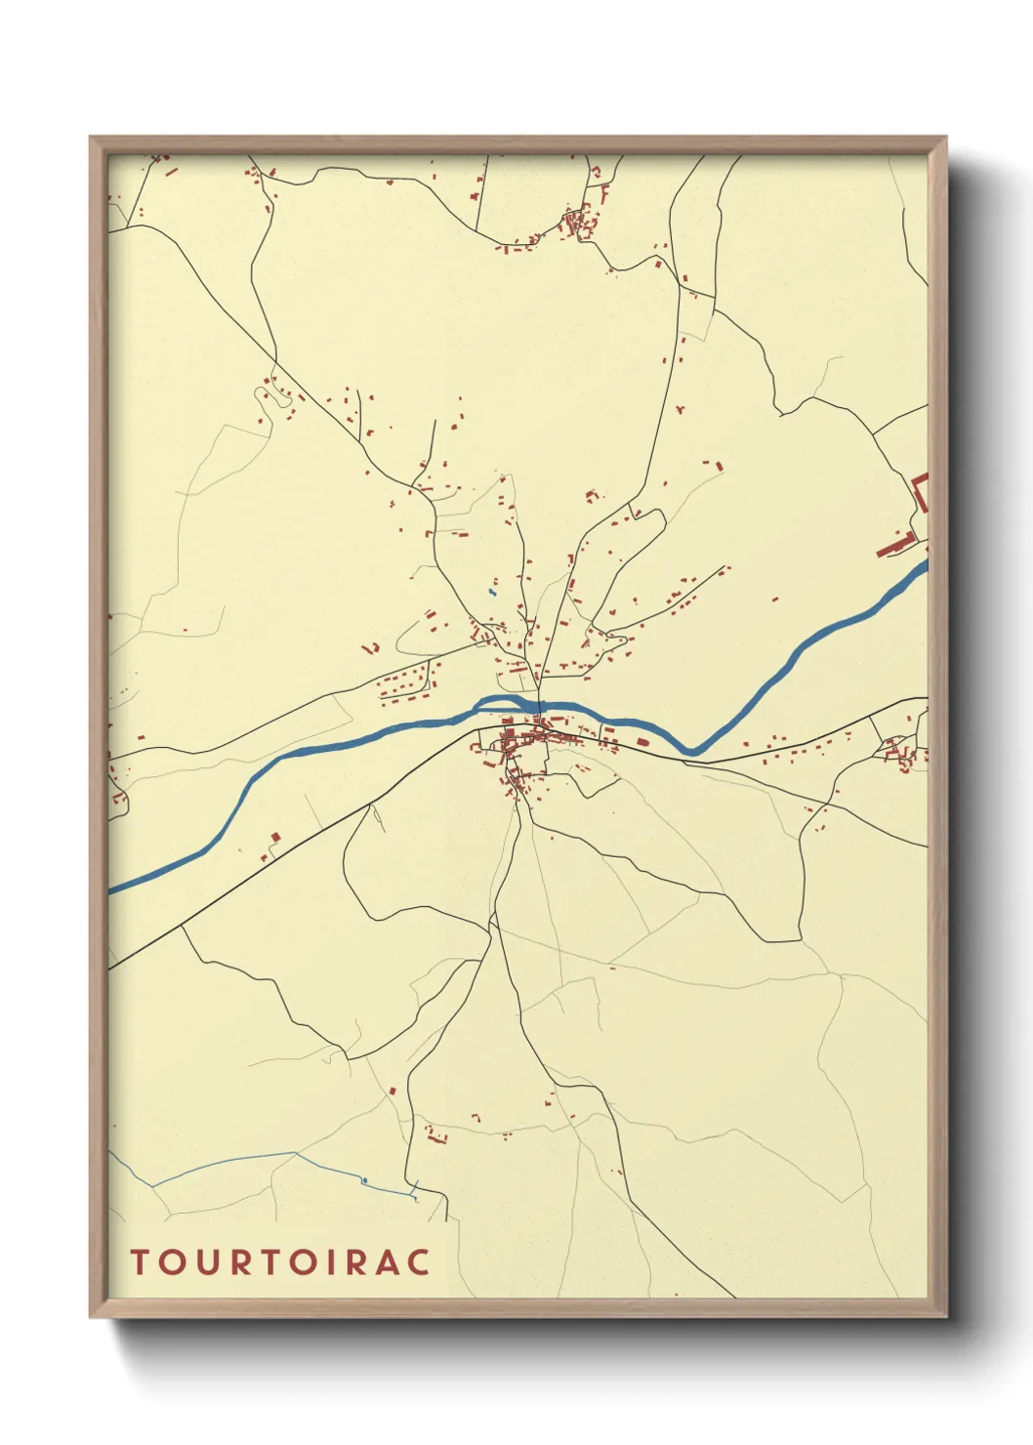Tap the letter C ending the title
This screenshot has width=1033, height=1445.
418,1261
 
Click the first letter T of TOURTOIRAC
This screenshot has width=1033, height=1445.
140,1261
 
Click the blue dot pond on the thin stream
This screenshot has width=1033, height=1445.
364,1181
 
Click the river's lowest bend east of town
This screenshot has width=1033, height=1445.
690,750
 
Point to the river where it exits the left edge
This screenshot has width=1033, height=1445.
113,888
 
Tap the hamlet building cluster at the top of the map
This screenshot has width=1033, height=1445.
580,224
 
